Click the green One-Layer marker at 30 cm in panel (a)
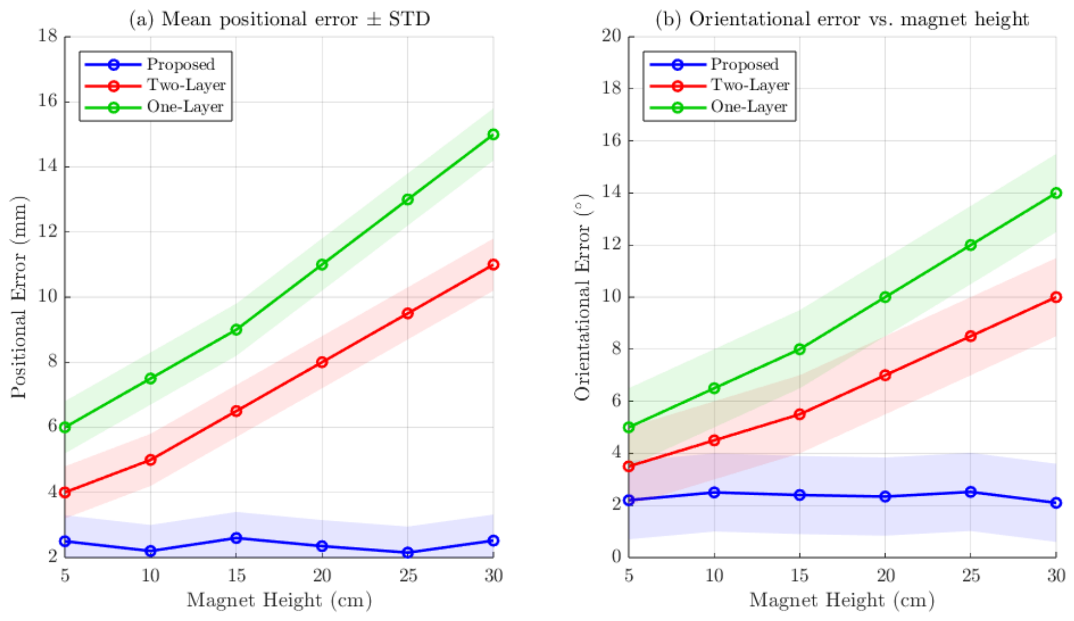pyautogui.click(x=493, y=134)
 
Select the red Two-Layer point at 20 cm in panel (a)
pyautogui.click(x=322, y=362)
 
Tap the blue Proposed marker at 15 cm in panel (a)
pyautogui.click(x=236, y=538)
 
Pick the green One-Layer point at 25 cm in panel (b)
pyautogui.click(x=970, y=245)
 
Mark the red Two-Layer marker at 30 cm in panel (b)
pyautogui.click(x=1056, y=297)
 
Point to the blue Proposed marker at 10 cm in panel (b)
pyautogui.click(x=714, y=492)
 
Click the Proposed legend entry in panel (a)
pyautogui.click(x=150, y=64)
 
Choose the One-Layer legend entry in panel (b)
pyautogui.click(x=719, y=107)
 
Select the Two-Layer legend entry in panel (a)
pyautogui.click(x=155, y=86)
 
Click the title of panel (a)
pyautogui.click(x=279, y=19)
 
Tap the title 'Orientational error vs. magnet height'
pyautogui.click(x=859, y=19)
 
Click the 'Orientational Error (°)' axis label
pyautogui.click(x=582, y=298)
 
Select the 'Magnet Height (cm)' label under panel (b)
pyautogui.click(x=842, y=600)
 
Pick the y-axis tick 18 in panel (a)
pyautogui.click(x=48, y=36)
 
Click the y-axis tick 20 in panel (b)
pyautogui.click(x=611, y=36)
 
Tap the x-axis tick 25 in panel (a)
pyautogui.click(x=408, y=575)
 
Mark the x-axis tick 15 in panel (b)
pyautogui.click(x=799, y=575)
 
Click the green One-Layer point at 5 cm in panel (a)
pyautogui.click(x=65, y=428)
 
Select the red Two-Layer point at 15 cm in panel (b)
pyautogui.click(x=799, y=414)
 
